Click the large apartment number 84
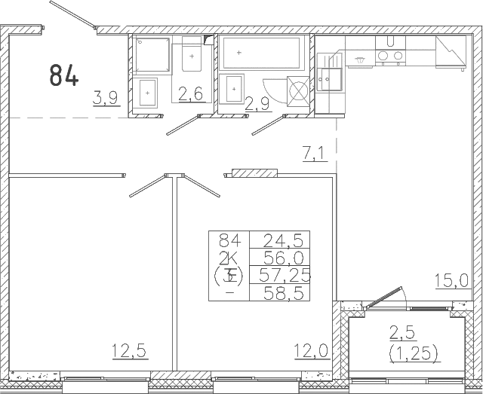click(63, 75)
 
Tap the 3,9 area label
click(106, 98)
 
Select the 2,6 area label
click(191, 94)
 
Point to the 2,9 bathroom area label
click(257, 104)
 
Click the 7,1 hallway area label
click(313, 154)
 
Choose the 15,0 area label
click(451, 281)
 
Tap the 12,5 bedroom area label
click(129, 351)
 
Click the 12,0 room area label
click(311, 351)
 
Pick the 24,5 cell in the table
click(281, 240)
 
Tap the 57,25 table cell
click(285, 275)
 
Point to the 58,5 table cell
click(284, 292)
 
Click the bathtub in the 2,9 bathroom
click(262, 53)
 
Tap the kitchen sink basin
click(329, 79)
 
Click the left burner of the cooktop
click(383, 55)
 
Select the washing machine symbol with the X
click(299, 91)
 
